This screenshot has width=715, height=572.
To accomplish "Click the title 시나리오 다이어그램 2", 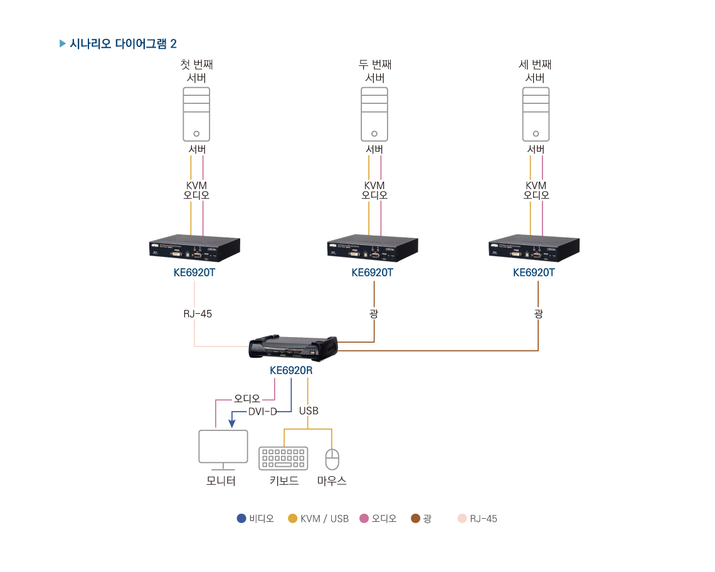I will [x=123, y=44].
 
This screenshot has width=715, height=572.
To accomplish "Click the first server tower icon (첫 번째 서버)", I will [x=196, y=114].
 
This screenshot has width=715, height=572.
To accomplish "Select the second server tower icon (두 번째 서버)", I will [x=374, y=114].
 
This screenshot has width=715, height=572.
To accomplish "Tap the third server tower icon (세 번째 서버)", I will [x=536, y=114].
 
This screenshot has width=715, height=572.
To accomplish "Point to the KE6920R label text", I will [x=291, y=370].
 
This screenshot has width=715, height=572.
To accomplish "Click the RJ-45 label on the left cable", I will [x=198, y=314].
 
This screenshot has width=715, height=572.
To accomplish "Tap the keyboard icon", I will [x=283, y=458].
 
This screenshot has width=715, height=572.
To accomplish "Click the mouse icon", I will [x=332, y=459].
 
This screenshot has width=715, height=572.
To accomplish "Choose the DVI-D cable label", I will [x=263, y=412].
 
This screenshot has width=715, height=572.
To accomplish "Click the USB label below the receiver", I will [x=309, y=411].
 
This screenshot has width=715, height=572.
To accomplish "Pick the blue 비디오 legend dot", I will [x=241, y=519].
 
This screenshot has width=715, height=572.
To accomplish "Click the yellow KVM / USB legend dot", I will [x=292, y=519].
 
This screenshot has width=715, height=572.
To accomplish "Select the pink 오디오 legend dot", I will [x=364, y=519].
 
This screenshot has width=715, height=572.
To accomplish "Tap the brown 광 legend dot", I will [x=415, y=519].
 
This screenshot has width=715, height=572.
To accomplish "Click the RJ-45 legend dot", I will [x=462, y=519].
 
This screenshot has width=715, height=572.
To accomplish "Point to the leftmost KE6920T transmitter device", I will [x=194, y=247].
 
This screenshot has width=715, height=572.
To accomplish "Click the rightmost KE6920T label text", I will [x=534, y=273].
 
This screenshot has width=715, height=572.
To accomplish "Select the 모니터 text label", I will [x=221, y=481].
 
